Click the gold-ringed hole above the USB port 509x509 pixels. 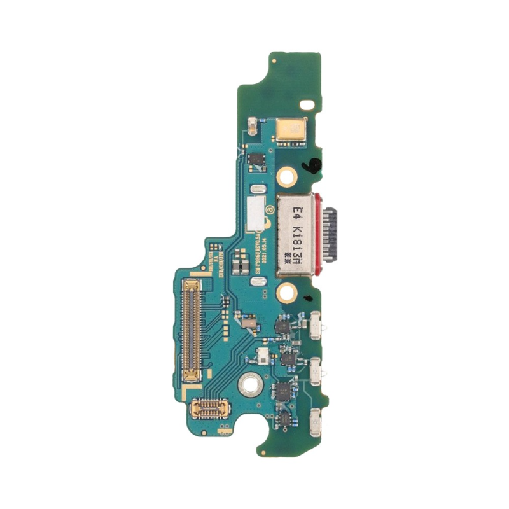coord(288,173)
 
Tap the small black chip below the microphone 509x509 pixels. coord(256,160)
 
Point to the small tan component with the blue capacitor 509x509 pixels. coord(253,125)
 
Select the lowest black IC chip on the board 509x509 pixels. coord(284,415)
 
